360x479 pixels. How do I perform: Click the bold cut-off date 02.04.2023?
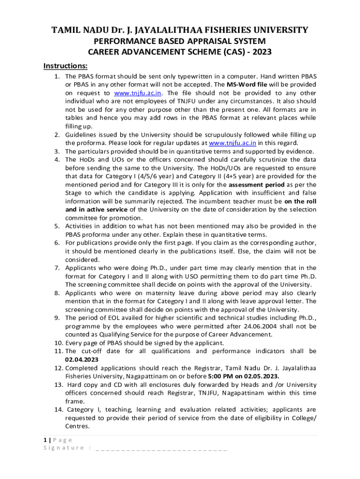point(82,359)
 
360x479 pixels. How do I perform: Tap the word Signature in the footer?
point(63,448)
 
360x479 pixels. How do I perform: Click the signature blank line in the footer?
point(161,448)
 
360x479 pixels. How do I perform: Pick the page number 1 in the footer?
point(45,440)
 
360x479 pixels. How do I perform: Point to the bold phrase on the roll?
point(301,202)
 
